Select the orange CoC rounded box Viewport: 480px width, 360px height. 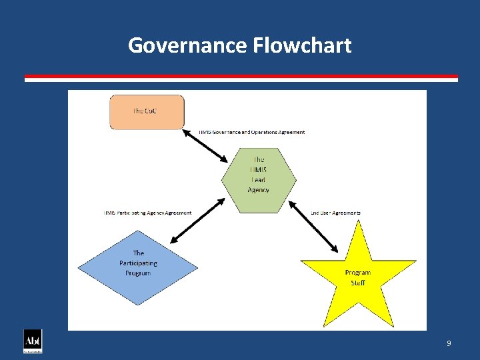146,112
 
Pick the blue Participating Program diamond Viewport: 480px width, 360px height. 138,267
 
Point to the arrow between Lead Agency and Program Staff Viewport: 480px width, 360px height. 315,227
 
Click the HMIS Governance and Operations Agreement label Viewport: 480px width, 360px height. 252,132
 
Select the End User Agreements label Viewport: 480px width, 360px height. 336,213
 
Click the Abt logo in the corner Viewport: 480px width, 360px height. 33,341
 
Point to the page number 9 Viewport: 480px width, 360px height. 449,343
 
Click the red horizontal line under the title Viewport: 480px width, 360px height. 241,76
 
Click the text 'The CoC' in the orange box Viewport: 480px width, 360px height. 146,111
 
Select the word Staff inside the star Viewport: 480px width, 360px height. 358,283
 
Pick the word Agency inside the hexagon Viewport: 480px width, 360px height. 259,190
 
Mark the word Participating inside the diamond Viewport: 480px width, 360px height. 138,263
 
